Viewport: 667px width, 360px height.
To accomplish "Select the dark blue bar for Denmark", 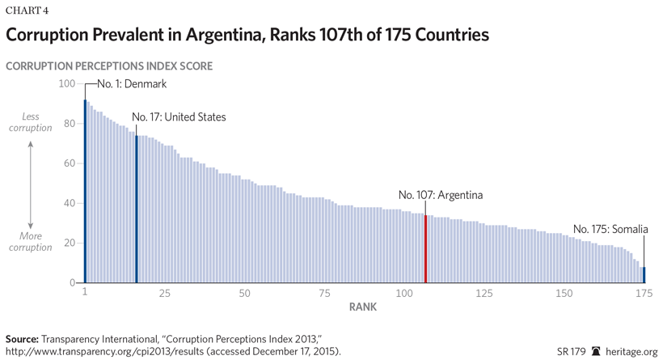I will coord(85,191).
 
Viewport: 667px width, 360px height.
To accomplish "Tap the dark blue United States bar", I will coord(137,210).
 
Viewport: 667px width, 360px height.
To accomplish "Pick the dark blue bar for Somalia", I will coord(644,274).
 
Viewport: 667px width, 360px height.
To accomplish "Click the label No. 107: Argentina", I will coord(441,195).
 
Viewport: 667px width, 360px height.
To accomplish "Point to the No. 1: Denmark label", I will coord(132,83).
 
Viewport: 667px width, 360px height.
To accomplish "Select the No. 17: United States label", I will coord(179,117).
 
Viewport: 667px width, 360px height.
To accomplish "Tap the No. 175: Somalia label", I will coord(610,229).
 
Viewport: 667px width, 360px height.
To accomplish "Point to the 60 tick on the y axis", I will coord(69,163).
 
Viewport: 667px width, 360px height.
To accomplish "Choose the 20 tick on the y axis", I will coord(69,243).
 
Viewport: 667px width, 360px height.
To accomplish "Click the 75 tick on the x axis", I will coord(324,292).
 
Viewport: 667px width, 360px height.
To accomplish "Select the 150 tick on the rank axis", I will coord(564,292).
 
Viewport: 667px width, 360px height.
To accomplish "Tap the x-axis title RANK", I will coord(362,307).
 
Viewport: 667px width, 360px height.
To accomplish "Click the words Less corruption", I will coord(30,122).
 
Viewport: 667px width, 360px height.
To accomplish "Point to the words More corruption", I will coord(30,242).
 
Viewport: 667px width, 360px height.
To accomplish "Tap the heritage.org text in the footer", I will coord(633,351).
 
